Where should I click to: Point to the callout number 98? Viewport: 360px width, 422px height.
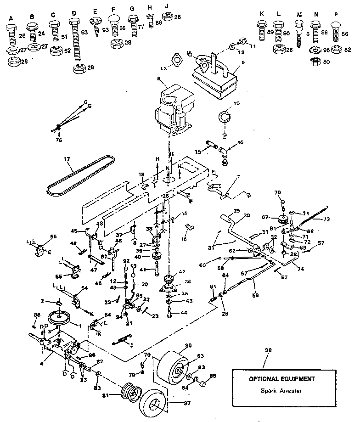pyautogui.click(x=269, y=350)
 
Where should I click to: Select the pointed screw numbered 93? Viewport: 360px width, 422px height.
pyautogui.click(x=96, y=27)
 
